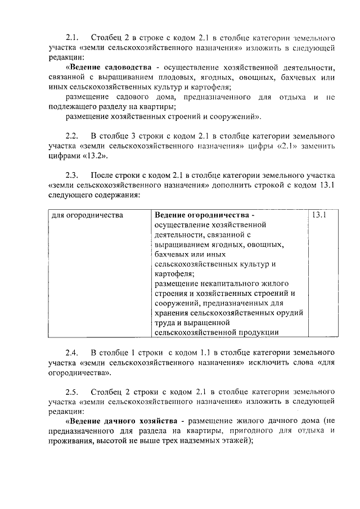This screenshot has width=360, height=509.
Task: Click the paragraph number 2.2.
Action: click(71, 136)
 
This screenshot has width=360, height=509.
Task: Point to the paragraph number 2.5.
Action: click(71, 390)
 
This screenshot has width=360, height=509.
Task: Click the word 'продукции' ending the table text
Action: click(256, 332)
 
